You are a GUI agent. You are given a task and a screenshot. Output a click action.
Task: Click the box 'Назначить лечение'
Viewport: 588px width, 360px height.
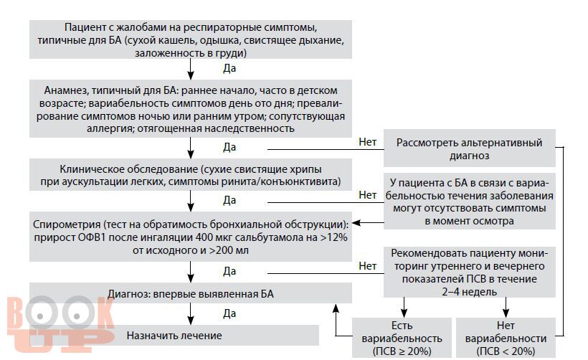[x=174, y=335]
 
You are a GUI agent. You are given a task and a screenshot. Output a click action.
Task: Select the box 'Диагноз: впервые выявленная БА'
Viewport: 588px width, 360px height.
[x=191, y=293]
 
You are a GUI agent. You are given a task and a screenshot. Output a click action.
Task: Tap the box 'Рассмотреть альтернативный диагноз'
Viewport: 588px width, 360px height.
[x=469, y=148]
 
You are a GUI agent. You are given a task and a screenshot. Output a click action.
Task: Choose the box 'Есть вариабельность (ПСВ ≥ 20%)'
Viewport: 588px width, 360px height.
[x=402, y=338]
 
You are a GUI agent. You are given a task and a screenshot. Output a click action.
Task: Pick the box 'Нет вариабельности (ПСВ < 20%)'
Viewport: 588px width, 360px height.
[x=506, y=338]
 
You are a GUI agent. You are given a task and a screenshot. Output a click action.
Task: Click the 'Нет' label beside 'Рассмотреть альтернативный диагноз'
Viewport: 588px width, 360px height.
[x=367, y=142]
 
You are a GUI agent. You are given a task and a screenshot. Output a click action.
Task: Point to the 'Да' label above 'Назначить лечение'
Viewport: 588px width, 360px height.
[x=229, y=313]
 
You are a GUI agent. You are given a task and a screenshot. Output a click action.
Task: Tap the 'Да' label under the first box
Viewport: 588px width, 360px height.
[x=229, y=68]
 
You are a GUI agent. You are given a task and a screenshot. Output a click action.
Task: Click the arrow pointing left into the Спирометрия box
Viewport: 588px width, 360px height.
[x=368, y=223]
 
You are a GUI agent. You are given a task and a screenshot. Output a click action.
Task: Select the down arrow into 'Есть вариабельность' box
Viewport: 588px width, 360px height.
[x=404, y=308]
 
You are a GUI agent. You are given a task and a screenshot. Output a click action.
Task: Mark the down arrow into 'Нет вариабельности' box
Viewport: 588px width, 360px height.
[x=506, y=308]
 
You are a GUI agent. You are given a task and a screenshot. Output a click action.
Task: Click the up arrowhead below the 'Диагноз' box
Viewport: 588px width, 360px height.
[x=336, y=308]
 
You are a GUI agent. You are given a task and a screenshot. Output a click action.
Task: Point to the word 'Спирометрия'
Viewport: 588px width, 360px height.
[x=67, y=224]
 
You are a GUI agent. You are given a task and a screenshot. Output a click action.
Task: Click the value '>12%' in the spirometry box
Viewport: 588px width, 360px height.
[x=333, y=237]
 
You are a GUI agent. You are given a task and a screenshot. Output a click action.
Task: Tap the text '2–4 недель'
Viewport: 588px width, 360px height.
[x=469, y=292]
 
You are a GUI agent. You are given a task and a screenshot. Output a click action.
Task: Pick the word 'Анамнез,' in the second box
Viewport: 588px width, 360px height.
[x=67, y=90]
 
